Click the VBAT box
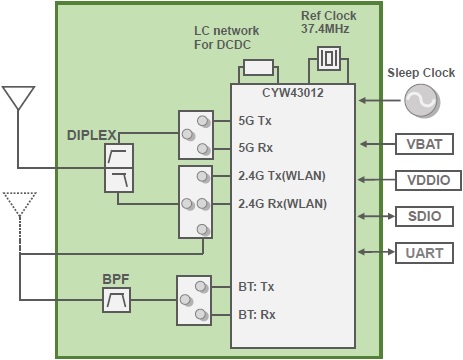[419, 143]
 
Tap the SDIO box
[419, 215]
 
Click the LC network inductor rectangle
[257, 68]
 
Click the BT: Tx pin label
[258, 286]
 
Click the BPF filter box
[117, 299]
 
